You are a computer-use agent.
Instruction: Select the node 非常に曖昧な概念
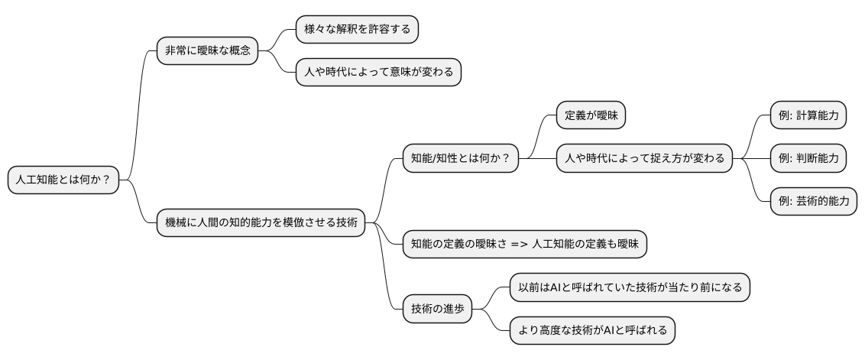[206, 51]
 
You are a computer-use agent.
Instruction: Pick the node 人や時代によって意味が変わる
[378, 73]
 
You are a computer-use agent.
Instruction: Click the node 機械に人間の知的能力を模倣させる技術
[260, 222]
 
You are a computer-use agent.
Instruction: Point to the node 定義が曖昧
[591, 115]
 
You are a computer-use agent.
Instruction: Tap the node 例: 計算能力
[808, 115]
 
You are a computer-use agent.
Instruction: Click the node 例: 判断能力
[808, 159]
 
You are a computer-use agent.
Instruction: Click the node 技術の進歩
[437, 309]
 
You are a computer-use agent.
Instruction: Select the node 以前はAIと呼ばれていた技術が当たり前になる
[630, 287]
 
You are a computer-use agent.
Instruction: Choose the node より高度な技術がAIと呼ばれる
[592, 330]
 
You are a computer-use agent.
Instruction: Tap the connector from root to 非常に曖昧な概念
[138, 115]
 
